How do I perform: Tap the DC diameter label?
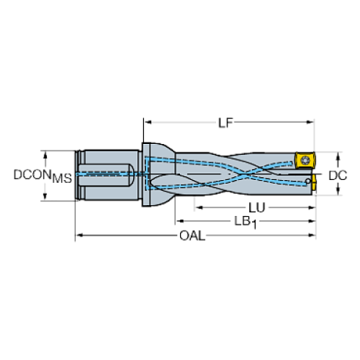coord(337,176)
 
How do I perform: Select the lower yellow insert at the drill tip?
coord(311,184)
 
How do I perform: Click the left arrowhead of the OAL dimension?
coord(79,235)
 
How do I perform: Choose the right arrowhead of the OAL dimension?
coord(313,235)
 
